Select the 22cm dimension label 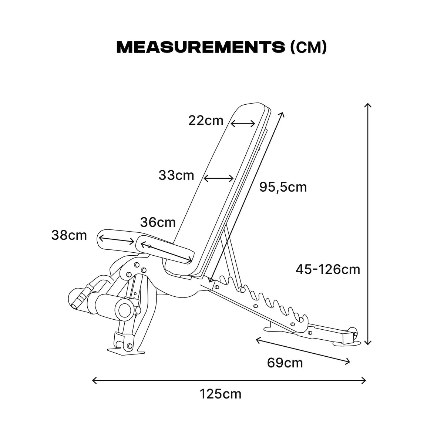(206, 121)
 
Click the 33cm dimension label (176, 175)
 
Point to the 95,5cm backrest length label (283, 187)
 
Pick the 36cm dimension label (158, 222)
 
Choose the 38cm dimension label (69, 235)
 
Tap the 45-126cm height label (328, 269)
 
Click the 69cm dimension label (285, 363)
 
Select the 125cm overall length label (221, 394)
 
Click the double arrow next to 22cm (243, 124)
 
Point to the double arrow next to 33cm (218, 179)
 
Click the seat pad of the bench (165, 250)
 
